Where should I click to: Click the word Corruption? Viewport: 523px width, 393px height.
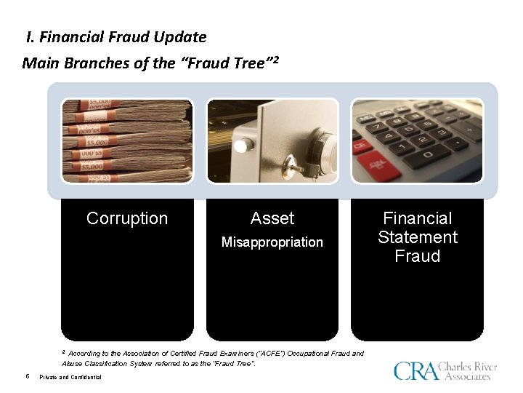click(x=127, y=218)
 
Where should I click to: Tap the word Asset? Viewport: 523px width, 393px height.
click(x=272, y=218)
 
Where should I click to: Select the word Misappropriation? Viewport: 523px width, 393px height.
click(x=272, y=242)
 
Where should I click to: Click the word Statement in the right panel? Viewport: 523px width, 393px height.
click(x=418, y=237)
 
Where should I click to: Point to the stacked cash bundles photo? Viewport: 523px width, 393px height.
click(x=127, y=140)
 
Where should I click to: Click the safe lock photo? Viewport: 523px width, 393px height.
click(x=272, y=140)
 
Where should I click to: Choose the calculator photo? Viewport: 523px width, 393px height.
click(x=417, y=140)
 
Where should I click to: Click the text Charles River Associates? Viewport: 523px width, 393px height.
click(x=469, y=371)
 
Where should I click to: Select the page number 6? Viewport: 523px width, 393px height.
click(x=27, y=376)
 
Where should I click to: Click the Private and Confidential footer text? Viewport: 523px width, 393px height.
click(x=70, y=377)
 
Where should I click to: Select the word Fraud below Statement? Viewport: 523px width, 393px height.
click(x=418, y=256)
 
